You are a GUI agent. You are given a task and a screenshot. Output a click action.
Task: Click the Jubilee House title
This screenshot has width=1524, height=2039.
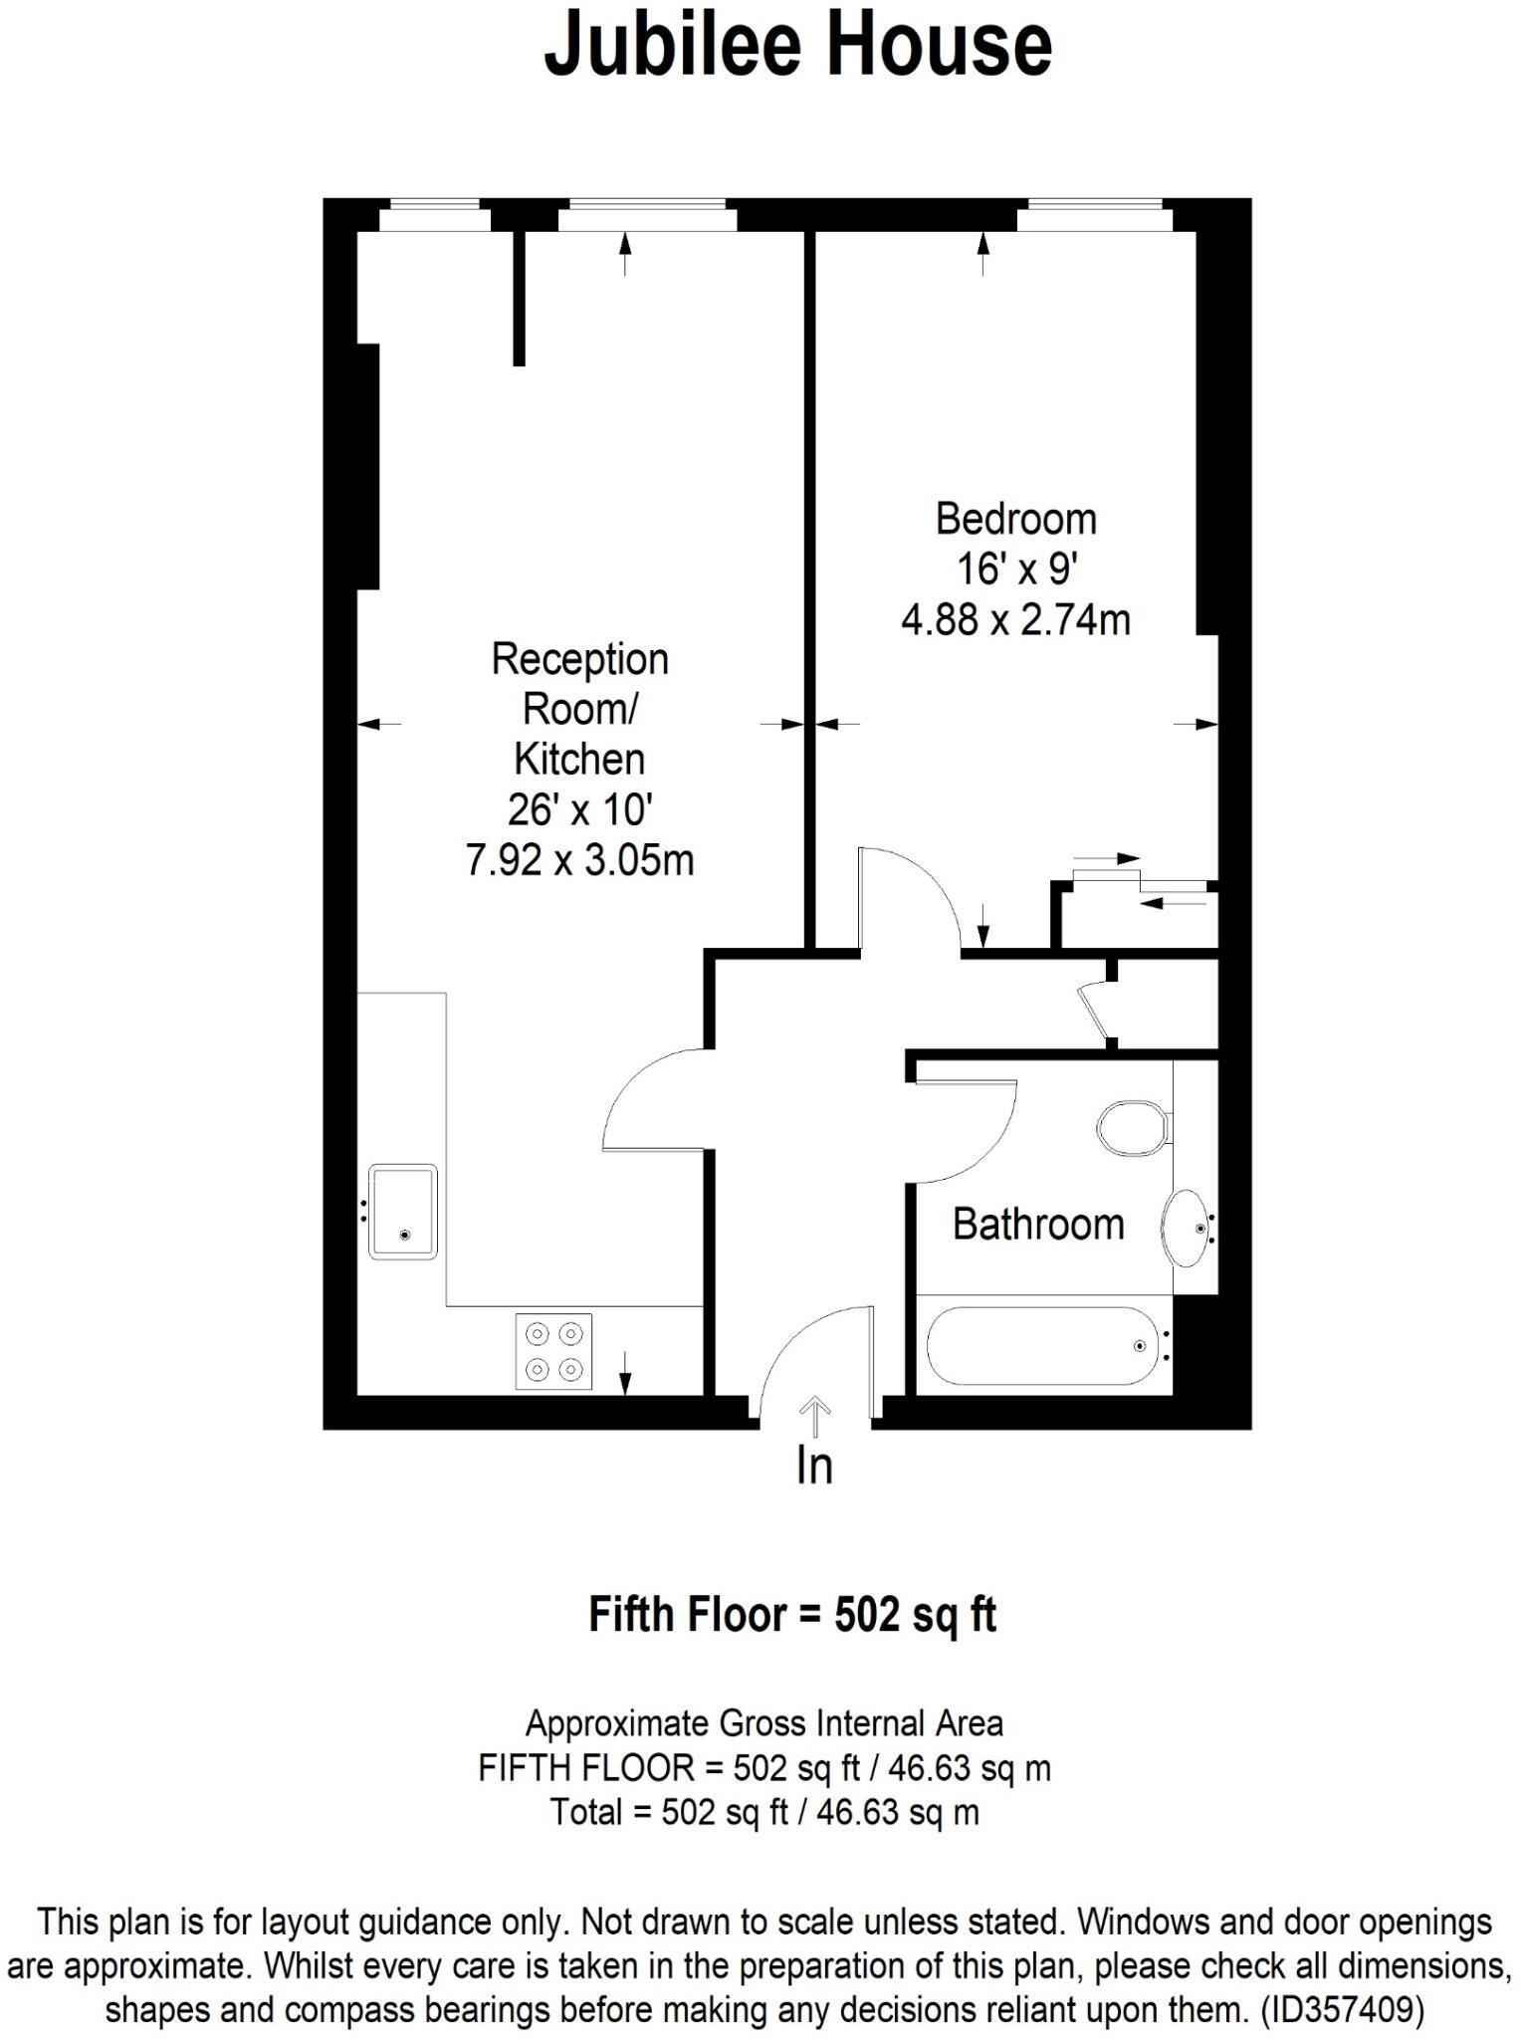coord(797,45)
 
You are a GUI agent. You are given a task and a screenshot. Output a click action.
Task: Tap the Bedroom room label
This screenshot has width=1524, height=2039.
coord(1015,520)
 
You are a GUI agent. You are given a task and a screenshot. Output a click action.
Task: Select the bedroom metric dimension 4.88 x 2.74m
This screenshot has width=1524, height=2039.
coord(1015,620)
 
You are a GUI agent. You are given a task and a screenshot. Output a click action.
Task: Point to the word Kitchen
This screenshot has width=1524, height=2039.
coord(579,760)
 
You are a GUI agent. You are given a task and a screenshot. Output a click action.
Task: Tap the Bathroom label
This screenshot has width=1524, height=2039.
coord(1037,1224)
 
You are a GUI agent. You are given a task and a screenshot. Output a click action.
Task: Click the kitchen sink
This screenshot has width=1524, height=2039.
coord(402,1212)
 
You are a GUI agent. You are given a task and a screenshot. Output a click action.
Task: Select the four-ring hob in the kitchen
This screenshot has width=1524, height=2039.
coord(553,1351)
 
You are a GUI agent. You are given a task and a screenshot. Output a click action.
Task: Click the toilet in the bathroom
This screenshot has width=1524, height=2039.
coord(1133,1127)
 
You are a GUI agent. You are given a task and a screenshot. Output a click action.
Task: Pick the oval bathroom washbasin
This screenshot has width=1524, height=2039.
coord(1187,1228)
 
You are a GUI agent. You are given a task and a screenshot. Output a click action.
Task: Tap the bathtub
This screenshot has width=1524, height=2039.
coord(1042,1346)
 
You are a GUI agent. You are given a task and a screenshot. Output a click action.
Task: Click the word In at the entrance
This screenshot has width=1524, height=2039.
coord(813,1467)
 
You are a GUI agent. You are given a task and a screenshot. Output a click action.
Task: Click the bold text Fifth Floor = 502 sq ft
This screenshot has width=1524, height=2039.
coord(792,1614)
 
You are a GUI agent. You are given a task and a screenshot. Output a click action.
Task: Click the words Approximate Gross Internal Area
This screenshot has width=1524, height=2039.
coord(763,1722)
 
